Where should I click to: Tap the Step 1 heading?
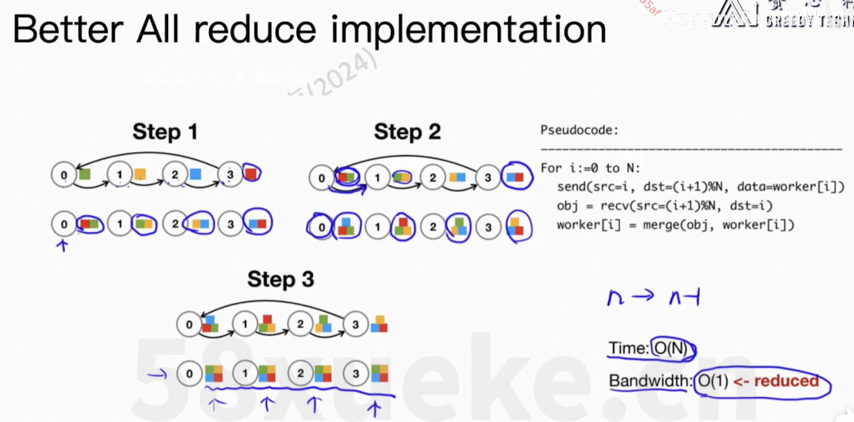pyautogui.click(x=165, y=132)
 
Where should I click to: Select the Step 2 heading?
pyautogui.click(x=407, y=132)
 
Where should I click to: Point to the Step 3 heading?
pyautogui.click(x=281, y=279)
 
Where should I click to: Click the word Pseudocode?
pyautogui.click(x=579, y=130)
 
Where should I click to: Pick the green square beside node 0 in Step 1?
pyautogui.click(x=85, y=174)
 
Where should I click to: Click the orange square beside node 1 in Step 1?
pyautogui.click(x=140, y=174)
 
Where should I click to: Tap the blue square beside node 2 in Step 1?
pyautogui.click(x=195, y=174)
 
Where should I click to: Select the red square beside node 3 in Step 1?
pyautogui.click(x=251, y=174)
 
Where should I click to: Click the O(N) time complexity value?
pyautogui.click(x=670, y=349)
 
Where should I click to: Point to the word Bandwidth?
pyautogui.click(x=649, y=381)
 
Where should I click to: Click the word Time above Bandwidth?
pyautogui.click(x=628, y=349)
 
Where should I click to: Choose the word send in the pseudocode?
pyautogui.click(x=570, y=187)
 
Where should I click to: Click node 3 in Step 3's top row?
pyautogui.click(x=355, y=325)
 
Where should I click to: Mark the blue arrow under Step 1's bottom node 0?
pyautogui.click(x=63, y=245)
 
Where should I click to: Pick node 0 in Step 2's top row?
pyautogui.click(x=322, y=178)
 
